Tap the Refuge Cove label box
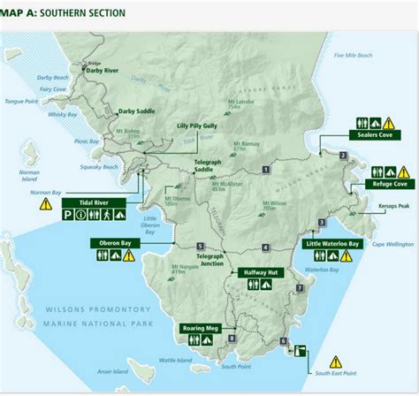pyautogui.click(x=389, y=185)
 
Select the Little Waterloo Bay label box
pyautogui.click(x=332, y=243)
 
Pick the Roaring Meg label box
pyautogui.click(x=199, y=327)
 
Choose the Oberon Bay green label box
pyautogui.click(x=114, y=242)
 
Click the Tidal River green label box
pyautogui.click(x=91, y=202)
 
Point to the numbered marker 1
pyautogui.click(x=266, y=168)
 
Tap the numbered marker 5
pyautogui.click(x=202, y=246)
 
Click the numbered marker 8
pyautogui.click(x=232, y=338)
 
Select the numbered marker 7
pyautogui.click(x=300, y=288)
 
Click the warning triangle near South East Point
pyautogui.click(x=336, y=361)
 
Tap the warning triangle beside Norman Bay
pyautogui.click(x=45, y=204)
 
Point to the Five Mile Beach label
pyautogui.click(x=353, y=55)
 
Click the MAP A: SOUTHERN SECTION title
pyautogui.click(x=62, y=13)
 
